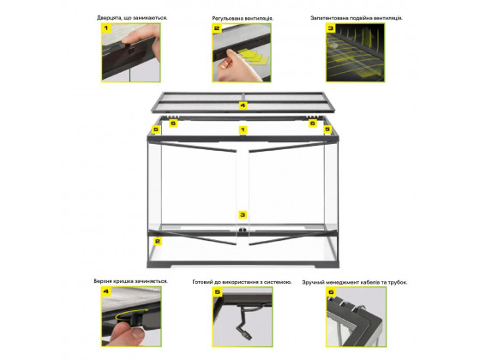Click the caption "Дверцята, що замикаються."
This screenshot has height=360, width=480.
[x=132, y=18]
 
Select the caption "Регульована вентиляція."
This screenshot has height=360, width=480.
[x=243, y=18]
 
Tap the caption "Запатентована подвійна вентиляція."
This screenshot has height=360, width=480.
[x=357, y=18]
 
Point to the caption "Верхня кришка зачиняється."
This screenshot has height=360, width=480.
[x=130, y=281]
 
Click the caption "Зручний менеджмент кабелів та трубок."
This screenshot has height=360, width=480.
[x=355, y=282]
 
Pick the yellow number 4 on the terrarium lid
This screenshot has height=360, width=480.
[x=243, y=105]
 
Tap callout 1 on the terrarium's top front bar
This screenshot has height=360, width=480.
[x=243, y=129]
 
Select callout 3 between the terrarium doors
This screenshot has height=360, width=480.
[x=243, y=215]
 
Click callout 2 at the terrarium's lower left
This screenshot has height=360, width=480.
[x=158, y=242]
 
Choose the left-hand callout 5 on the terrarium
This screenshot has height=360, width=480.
[x=156, y=129]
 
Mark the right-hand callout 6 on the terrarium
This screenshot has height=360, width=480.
[x=313, y=123]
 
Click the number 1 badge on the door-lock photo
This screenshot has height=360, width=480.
[x=106, y=28]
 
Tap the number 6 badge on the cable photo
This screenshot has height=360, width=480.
[x=331, y=292]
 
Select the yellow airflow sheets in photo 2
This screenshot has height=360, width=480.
[x=253, y=56]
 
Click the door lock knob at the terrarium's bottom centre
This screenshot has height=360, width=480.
[x=243, y=230]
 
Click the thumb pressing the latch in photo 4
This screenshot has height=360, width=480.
[x=126, y=333]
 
